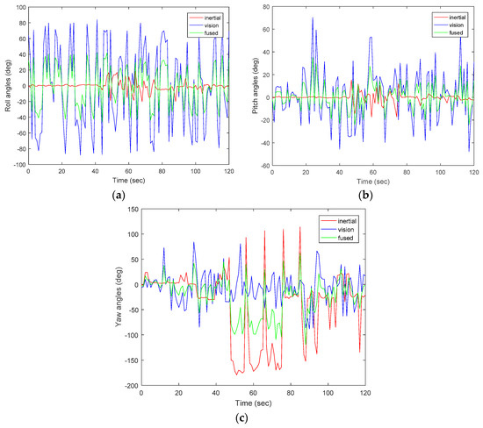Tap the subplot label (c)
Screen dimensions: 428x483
241,418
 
